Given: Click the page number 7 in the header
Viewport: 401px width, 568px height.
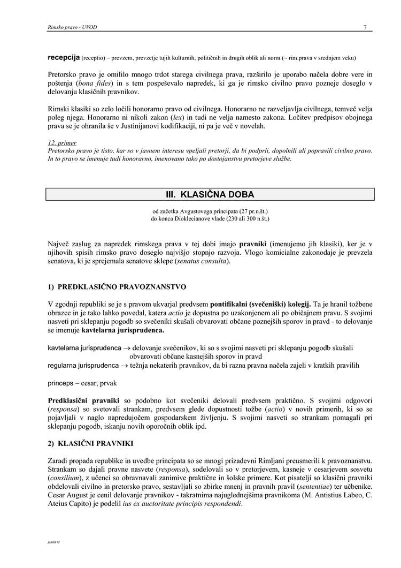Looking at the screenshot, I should coord(365,27).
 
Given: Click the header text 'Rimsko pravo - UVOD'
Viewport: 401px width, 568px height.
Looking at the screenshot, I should coord(72,27).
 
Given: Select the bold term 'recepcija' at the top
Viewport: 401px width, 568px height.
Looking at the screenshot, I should coord(64,57).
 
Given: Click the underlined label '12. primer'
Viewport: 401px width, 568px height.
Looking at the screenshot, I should coord(62,143).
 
